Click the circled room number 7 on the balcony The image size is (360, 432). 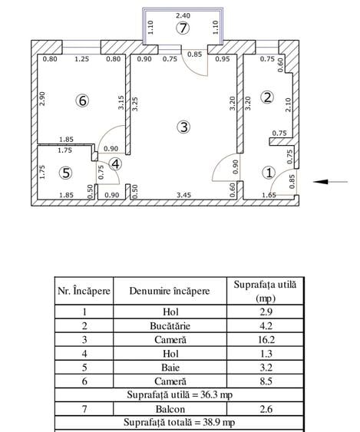point(183,28)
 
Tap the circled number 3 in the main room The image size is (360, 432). point(183,127)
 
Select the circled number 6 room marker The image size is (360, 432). point(82,101)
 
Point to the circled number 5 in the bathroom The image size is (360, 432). point(66,173)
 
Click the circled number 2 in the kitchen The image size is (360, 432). point(267,97)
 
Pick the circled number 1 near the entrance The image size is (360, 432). point(269,173)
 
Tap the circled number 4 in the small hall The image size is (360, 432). point(115,164)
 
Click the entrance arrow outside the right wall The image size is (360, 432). point(330,182)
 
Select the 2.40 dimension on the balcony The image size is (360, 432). point(183,15)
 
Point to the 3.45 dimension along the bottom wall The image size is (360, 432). point(184,195)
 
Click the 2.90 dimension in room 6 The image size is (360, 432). point(42,99)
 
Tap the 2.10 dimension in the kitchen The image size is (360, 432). point(288,104)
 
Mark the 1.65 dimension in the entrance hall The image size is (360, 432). point(269,195)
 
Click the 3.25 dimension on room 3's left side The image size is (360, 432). point(135,104)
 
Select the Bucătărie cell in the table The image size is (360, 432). point(170,326)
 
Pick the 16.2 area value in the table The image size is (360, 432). point(266,340)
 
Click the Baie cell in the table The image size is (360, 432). point(170,368)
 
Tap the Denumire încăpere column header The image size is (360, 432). point(170,291)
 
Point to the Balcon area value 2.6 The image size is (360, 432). point(266,409)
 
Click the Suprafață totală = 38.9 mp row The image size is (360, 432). point(180,422)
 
